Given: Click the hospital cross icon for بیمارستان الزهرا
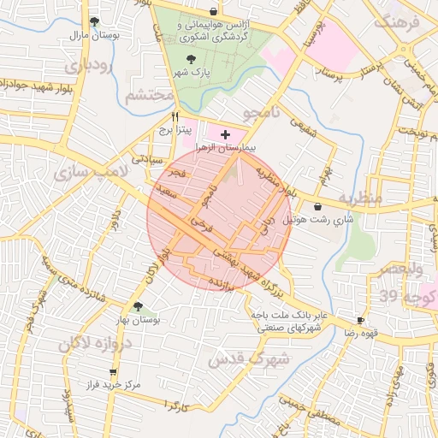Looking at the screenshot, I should coord(225,134).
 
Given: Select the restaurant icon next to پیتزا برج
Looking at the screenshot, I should coord(175,116).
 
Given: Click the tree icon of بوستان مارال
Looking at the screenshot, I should coord(94,22).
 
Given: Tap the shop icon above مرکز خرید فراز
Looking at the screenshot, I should coord(113,372).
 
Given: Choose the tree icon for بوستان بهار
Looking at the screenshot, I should coord(137,306).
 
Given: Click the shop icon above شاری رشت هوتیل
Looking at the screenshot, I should coord(319,206).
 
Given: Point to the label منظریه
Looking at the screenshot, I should coord(369,198).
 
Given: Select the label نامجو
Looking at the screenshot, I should coord(255,112).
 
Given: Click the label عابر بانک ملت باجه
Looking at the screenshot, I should coord(288,315).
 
